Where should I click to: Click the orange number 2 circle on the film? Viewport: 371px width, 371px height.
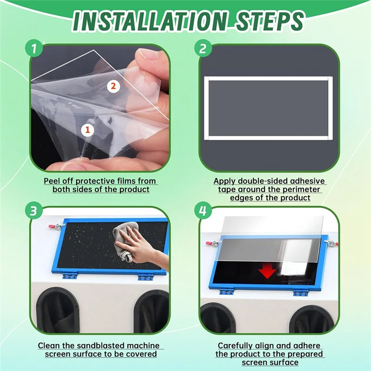(x=114, y=85)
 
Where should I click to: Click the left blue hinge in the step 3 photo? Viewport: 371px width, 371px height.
(x=70, y=276)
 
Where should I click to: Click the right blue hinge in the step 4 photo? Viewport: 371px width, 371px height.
(x=301, y=292)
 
